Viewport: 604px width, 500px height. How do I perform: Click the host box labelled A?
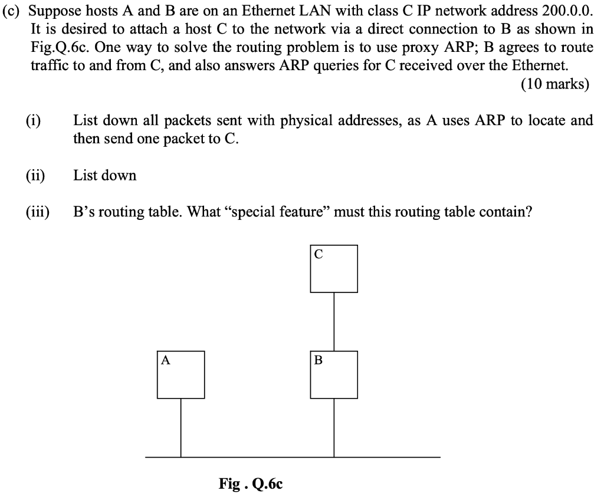coord(180,374)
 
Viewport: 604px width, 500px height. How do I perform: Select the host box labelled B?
coord(334,374)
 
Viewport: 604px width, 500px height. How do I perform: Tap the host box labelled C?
coord(334,268)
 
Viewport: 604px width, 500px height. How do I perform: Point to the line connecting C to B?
coord(334,321)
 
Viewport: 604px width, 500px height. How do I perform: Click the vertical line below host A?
coord(180,427)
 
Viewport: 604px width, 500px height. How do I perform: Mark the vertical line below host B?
coord(334,427)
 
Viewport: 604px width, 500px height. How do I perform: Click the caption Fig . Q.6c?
coord(251,484)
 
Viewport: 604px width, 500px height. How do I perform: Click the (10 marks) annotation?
coord(555,84)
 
